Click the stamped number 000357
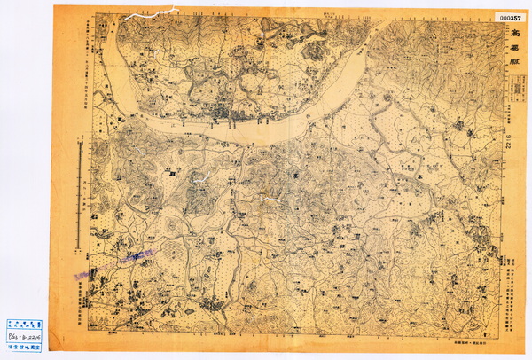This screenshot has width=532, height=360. coord(509,16)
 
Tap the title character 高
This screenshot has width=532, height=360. coord(512,35)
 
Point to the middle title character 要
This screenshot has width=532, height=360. coord(512,51)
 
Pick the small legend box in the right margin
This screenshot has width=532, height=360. coord(509,103)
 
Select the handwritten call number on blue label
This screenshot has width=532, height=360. coord(22,338)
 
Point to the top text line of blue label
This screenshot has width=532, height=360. coord(22,326)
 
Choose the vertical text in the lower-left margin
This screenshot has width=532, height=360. coord(81,293)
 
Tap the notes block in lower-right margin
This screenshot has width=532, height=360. coord(512,284)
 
